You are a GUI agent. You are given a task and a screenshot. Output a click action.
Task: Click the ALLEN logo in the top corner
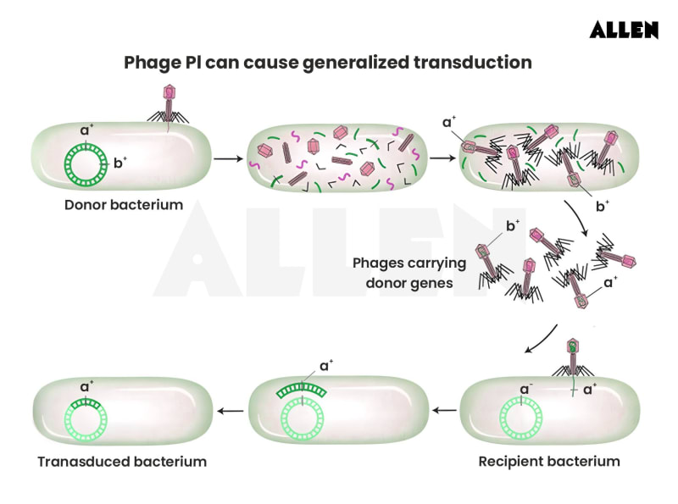(624, 30)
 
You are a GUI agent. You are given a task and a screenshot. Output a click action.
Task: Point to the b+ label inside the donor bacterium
(119, 163)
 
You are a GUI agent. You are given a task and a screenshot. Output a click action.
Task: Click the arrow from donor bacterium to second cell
(224, 158)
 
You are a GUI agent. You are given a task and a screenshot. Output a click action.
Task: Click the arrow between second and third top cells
(442, 158)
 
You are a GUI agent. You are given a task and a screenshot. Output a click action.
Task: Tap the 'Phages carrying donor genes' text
(403, 272)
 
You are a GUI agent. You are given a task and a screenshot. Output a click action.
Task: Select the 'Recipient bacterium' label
(548, 462)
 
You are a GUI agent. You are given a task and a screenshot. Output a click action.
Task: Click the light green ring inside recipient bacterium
(519, 416)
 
